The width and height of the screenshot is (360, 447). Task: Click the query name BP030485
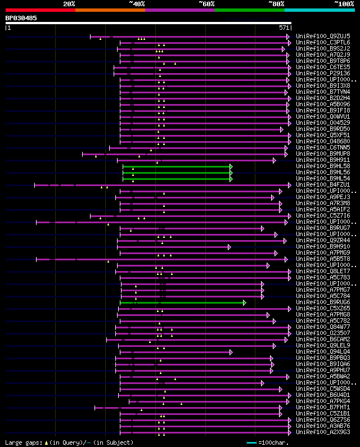pyautogui.click(x=21, y=18)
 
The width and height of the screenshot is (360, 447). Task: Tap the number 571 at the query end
pyautogui.click(x=284, y=28)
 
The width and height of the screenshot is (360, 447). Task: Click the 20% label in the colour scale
pyautogui.click(x=69, y=4)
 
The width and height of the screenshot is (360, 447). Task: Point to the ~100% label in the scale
pyautogui.click(x=344, y=4)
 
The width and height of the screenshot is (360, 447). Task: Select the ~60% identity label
pyautogui.click(x=206, y=4)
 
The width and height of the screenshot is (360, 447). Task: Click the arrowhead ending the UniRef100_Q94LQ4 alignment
pyautogui.click(x=231, y=352)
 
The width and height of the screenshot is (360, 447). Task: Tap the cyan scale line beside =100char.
pyautogui.click(x=251, y=443)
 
